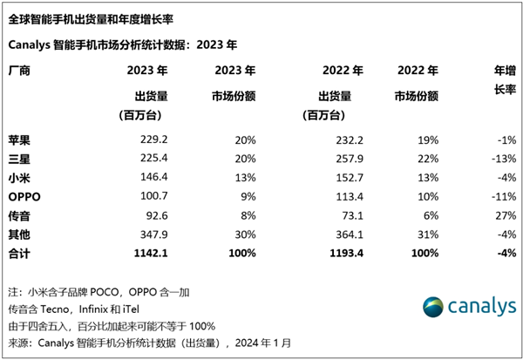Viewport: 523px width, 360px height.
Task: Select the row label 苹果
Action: click(18, 139)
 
